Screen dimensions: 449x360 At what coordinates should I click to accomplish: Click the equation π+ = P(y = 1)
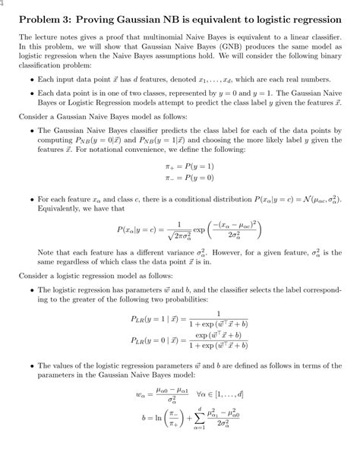point(179,187)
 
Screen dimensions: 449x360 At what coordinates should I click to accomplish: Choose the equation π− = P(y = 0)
point(179,198)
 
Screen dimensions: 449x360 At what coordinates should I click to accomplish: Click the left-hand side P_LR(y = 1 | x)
point(158,341)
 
